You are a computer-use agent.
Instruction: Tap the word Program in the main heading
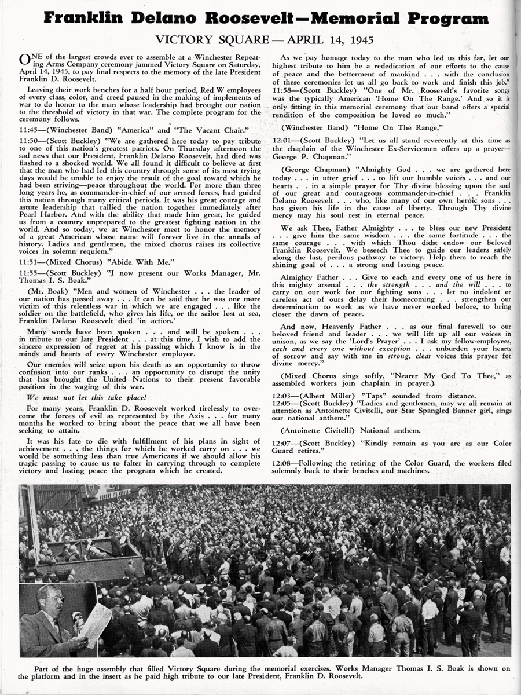click(447, 19)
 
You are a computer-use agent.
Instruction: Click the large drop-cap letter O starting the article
click(24, 60)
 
